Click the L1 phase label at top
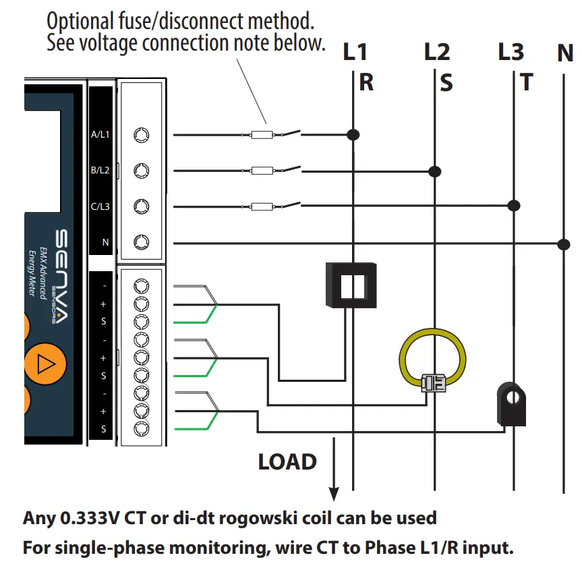(355, 51)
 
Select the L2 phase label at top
(436, 51)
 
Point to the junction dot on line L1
(352, 135)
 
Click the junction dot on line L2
(435, 171)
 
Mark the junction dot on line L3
(514, 205)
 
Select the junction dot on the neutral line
(564, 244)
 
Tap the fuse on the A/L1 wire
(262, 135)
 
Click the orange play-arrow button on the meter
(45, 364)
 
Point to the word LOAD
(287, 462)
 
